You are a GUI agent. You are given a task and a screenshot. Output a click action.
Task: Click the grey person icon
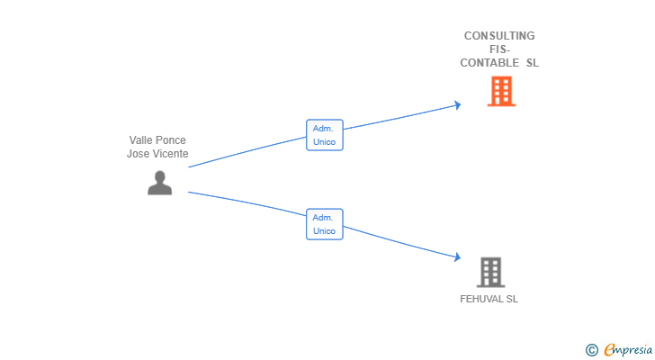point(159,183)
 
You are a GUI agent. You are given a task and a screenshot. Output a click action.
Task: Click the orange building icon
point(501,91)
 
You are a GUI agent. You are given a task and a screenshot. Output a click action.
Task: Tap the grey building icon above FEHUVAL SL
point(490,272)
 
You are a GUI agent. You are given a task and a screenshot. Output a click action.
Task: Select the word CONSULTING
point(499,36)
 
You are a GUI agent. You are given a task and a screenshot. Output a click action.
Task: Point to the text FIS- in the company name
point(499,49)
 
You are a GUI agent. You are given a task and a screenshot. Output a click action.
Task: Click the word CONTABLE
point(489,63)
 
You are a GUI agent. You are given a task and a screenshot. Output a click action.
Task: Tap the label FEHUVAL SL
point(489,299)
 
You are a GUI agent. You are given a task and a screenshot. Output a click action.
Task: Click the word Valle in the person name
point(141,140)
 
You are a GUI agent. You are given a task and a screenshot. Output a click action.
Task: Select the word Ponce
point(171,140)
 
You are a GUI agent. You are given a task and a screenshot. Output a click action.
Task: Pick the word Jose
point(138,154)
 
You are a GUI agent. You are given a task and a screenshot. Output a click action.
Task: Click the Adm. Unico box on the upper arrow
point(324,135)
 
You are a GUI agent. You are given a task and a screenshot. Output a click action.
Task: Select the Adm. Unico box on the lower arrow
point(324,224)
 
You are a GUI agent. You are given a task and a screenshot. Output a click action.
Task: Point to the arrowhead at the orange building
point(458,105)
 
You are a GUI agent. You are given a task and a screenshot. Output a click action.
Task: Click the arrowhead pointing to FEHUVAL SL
point(458,258)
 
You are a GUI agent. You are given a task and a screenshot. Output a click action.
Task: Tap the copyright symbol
point(591,350)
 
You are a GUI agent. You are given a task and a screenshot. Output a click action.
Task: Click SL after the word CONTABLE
point(532,63)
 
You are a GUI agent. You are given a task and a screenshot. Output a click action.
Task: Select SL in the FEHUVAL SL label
point(511,299)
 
